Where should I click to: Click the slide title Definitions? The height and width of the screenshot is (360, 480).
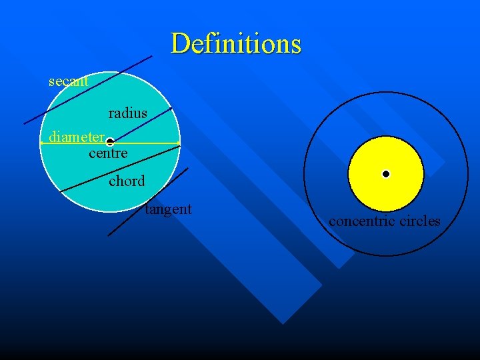click(x=236, y=43)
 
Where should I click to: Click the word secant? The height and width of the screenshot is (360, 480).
click(x=68, y=81)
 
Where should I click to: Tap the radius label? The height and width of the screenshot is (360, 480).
click(x=127, y=113)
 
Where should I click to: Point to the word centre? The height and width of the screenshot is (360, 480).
click(x=108, y=153)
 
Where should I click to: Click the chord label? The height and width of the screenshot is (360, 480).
click(x=127, y=181)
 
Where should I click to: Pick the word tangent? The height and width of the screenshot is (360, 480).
click(x=169, y=209)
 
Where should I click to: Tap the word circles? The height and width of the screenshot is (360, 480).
click(x=419, y=221)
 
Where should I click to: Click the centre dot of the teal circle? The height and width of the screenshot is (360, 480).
click(x=109, y=142)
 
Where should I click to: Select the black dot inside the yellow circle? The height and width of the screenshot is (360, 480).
click(x=386, y=174)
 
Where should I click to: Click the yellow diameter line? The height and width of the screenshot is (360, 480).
click(x=147, y=143)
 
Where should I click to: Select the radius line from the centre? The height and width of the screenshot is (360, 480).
click(x=140, y=125)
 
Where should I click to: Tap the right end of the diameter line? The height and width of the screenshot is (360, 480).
click(x=180, y=143)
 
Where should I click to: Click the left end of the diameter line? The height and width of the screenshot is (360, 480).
click(x=41, y=143)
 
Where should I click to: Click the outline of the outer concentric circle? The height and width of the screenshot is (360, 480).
click(x=304, y=173)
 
